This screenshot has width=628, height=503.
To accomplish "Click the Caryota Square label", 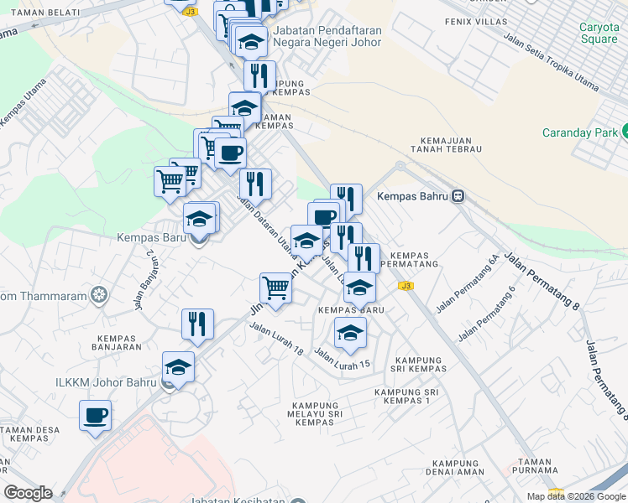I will pyautogui.click(x=599, y=33).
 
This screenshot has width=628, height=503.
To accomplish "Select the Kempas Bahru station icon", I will pyautogui.click(x=458, y=196).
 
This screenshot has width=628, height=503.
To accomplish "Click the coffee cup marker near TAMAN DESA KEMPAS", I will pyautogui.click(x=95, y=415).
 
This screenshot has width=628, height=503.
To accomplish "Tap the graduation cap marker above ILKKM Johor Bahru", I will pyautogui.click(x=178, y=366).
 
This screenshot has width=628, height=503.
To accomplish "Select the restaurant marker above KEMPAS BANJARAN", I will pyautogui.click(x=197, y=324).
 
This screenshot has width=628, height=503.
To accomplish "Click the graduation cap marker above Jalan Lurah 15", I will pyautogui.click(x=350, y=333).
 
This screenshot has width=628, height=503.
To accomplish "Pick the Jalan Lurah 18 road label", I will pyautogui.click(x=275, y=340).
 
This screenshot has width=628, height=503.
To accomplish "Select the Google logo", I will pyautogui.click(x=29, y=493).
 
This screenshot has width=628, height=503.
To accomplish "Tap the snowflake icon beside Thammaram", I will pyautogui.click(x=100, y=293).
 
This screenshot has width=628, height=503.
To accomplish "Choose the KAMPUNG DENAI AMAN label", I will pyautogui.click(x=458, y=468).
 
